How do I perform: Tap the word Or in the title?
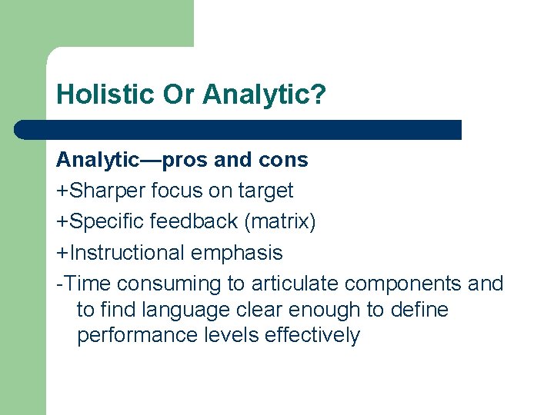[x=180, y=95]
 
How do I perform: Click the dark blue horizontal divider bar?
[x=239, y=129]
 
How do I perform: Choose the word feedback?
[x=194, y=221]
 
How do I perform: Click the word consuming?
[x=170, y=283]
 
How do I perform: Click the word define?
[x=420, y=310]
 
